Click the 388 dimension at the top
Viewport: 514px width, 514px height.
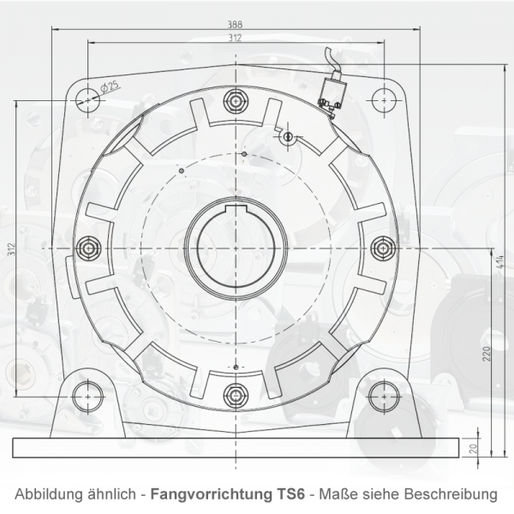click(235, 23)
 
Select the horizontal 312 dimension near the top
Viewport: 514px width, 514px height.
click(235, 38)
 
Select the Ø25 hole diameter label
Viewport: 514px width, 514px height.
click(110, 86)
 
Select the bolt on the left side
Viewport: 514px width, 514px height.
click(87, 248)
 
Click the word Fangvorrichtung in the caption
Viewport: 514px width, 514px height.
click(196, 495)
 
